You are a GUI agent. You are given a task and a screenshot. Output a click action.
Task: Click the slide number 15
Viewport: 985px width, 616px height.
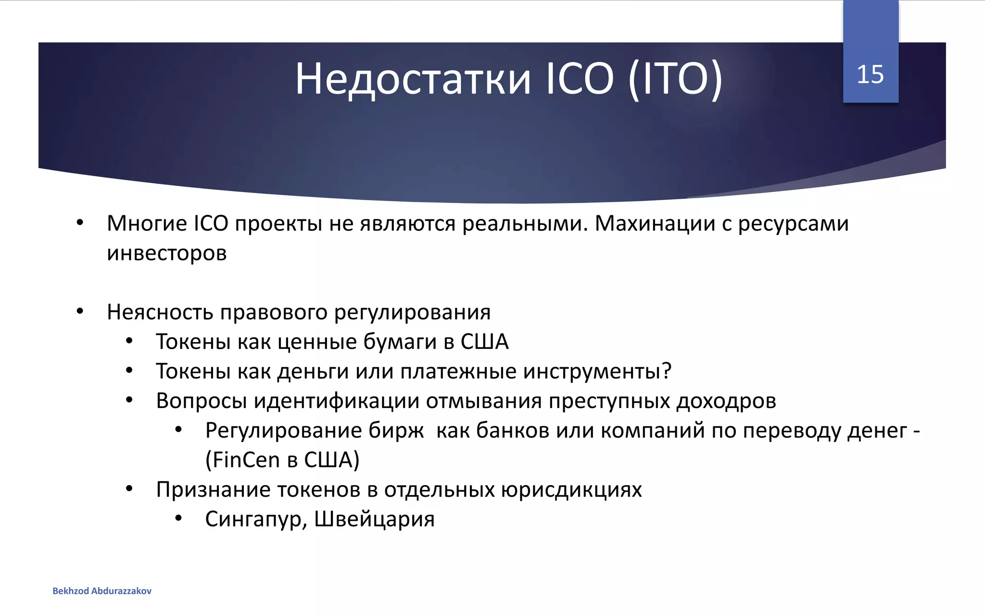[x=870, y=75]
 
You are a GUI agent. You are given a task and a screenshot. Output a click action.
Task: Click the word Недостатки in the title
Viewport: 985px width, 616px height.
[x=413, y=79]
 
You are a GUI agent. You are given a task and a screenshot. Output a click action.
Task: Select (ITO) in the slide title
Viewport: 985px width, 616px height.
[x=675, y=79]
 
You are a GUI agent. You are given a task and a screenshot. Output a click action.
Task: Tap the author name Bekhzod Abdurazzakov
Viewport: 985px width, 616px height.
[x=102, y=591]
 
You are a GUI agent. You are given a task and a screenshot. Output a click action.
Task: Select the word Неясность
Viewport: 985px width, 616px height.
[x=160, y=312]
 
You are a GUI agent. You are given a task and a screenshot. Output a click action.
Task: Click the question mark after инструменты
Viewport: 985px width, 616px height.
[x=666, y=371]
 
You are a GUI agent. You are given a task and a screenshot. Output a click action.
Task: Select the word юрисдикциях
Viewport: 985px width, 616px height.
[x=571, y=490]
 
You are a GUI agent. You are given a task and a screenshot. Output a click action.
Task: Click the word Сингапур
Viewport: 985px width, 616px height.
[x=253, y=519]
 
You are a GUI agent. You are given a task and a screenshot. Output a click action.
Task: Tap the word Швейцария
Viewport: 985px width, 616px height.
[x=374, y=519]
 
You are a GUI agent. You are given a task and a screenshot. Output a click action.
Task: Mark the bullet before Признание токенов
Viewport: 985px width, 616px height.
[x=129, y=489]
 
